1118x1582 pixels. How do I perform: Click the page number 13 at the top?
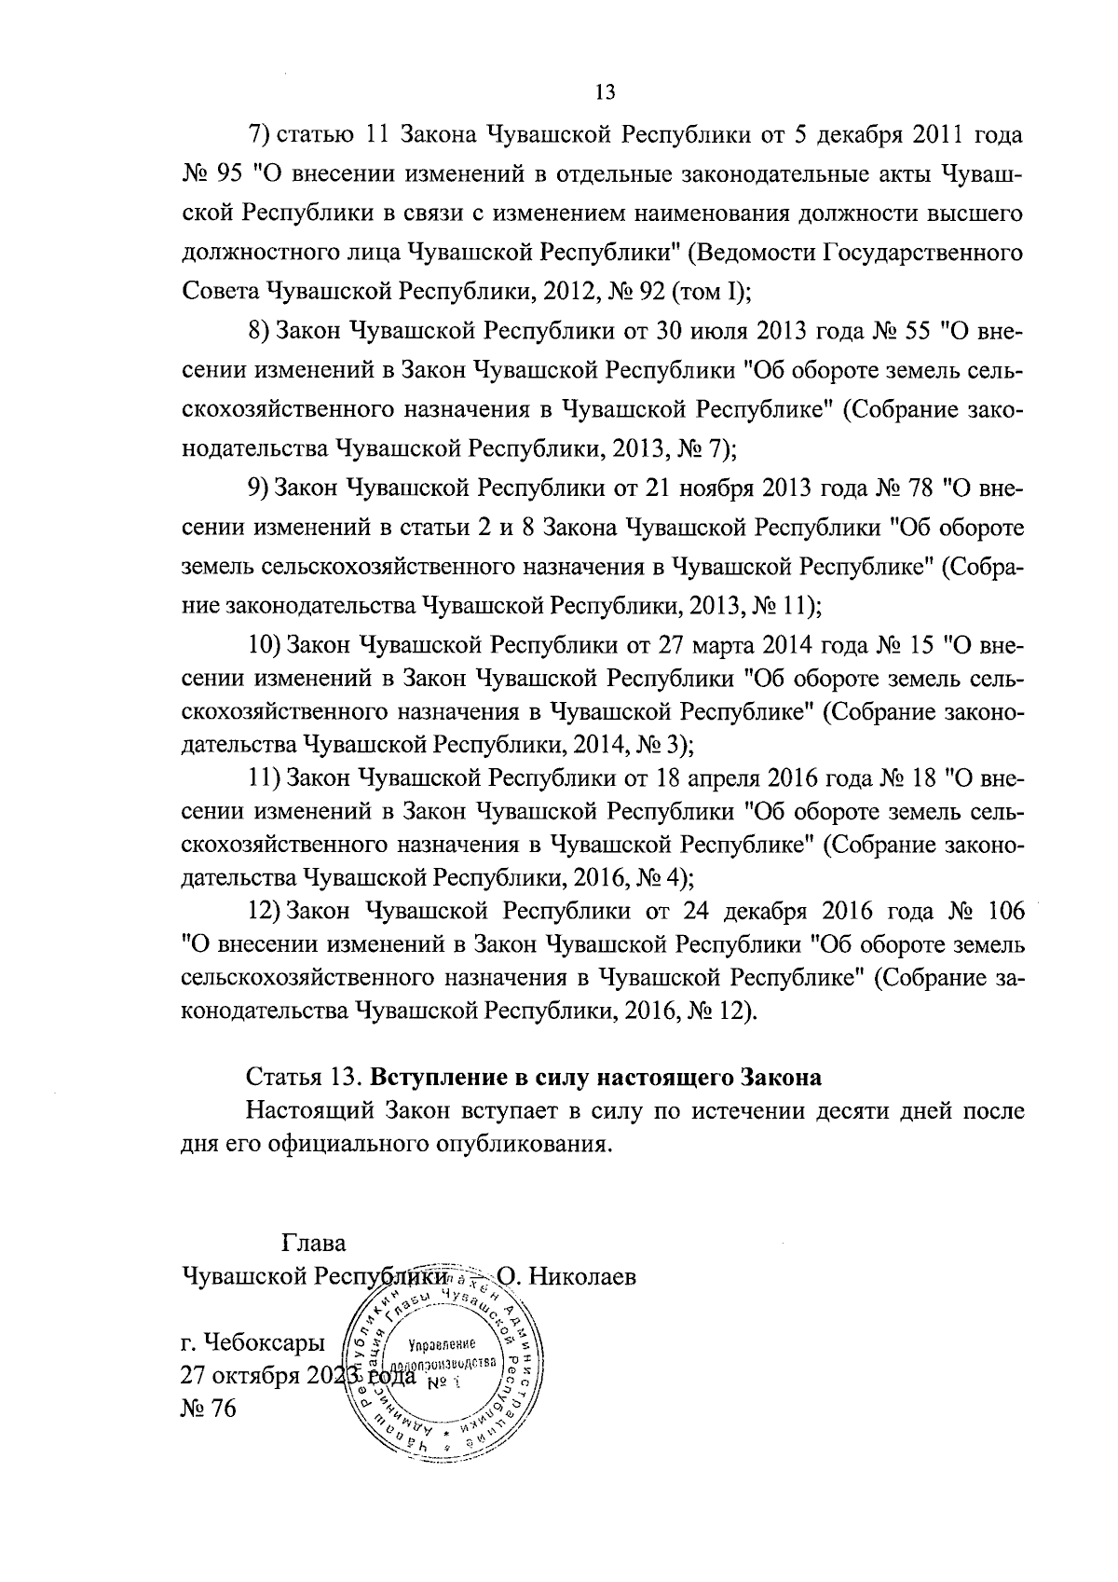coord(605,92)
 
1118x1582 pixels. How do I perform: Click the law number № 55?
coord(898,331)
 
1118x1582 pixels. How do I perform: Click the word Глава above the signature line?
coord(312,1244)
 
